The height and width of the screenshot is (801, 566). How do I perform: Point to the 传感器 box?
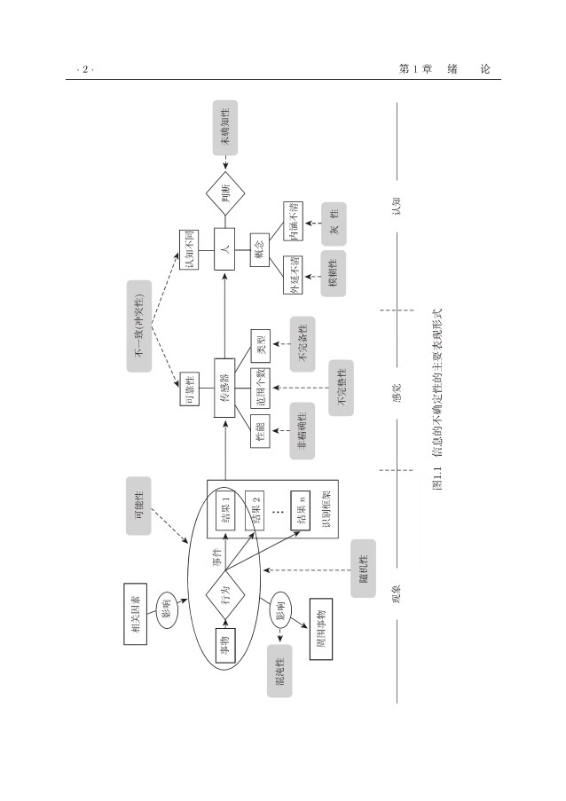point(225,387)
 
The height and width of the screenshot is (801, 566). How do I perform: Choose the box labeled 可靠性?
point(189,387)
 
